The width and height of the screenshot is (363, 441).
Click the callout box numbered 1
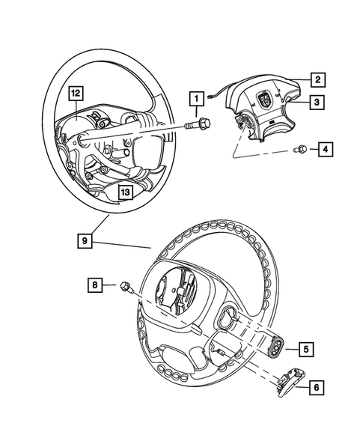click(x=196, y=98)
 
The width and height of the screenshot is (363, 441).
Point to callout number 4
click(x=326, y=150)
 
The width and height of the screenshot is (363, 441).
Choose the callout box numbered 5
click(x=307, y=348)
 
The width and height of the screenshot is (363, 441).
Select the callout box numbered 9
click(x=87, y=240)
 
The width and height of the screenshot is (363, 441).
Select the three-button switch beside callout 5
click(x=278, y=346)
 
